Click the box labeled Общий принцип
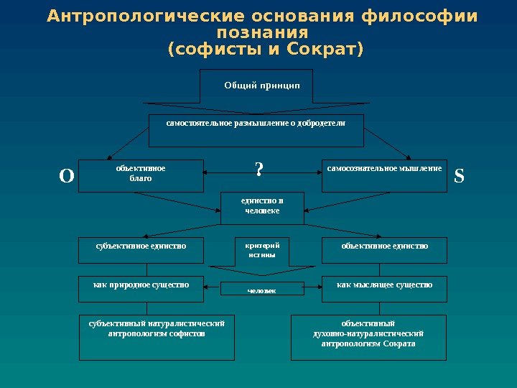pyautogui.click(x=256, y=86)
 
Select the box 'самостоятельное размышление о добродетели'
pyautogui.click(x=256, y=129)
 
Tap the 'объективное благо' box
pyautogui.click(x=141, y=176)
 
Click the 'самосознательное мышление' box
pyautogui.click(x=384, y=176)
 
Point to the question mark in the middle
pyautogui.click(x=259, y=170)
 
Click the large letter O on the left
pyautogui.click(x=66, y=176)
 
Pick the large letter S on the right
pyautogui.click(x=460, y=176)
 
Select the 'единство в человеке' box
pyautogui.click(x=261, y=208)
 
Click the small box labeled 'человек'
pyautogui.click(x=261, y=290)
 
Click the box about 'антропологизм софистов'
pyautogui.click(x=157, y=336)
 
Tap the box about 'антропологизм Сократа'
pyautogui.click(x=368, y=336)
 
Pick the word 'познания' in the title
pyautogui.click(x=263, y=34)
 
